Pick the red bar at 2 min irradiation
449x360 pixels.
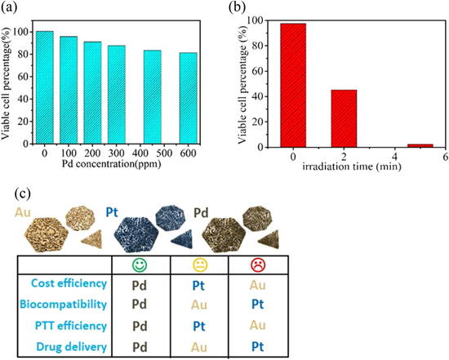(345, 118)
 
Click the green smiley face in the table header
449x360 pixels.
(140, 264)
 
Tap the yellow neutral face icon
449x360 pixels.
(198, 264)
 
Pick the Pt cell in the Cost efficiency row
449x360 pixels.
(198, 284)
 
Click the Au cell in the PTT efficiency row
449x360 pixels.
(256, 326)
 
